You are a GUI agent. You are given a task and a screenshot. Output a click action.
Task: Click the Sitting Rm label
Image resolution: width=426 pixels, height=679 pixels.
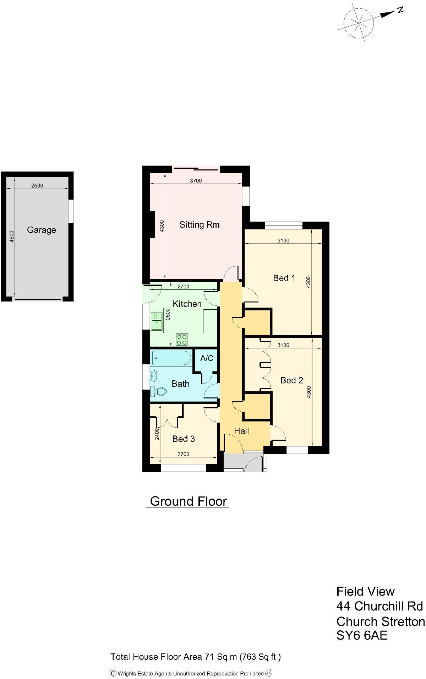tap(199, 224)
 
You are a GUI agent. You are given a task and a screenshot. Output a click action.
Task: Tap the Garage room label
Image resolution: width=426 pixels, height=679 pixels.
tap(42, 230)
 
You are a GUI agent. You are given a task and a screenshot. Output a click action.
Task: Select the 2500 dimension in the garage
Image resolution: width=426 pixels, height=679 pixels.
tap(37, 185)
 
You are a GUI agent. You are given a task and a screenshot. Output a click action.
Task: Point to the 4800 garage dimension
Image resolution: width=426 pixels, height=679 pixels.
tap(12, 236)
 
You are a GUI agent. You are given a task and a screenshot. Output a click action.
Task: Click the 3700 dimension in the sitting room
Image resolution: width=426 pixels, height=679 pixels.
tap(196, 180)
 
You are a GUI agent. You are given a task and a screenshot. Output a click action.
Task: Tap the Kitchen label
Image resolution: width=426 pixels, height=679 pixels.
tap(187, 304)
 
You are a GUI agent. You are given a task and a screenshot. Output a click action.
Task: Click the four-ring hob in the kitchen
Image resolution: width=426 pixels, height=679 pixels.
tap(182, 340)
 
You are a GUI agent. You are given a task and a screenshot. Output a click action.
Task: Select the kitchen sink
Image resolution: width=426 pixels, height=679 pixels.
tap(156, 321)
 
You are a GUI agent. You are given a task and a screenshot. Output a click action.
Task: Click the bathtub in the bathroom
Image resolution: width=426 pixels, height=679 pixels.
tap(172, 358)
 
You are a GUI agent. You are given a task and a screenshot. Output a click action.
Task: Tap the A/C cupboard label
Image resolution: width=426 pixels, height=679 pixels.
tap(207, 358)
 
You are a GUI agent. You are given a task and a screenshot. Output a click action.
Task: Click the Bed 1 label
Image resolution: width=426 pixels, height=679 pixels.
tap(284, 278)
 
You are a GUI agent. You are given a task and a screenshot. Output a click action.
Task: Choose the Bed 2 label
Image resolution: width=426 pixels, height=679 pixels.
tap(291, 380)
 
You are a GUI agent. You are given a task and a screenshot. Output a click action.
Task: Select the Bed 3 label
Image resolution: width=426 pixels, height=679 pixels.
tap(184, 439)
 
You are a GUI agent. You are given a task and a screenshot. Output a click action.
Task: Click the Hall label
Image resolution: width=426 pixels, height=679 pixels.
tap(241, 431)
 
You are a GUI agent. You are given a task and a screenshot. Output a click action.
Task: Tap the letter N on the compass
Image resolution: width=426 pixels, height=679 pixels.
tap(400, 10)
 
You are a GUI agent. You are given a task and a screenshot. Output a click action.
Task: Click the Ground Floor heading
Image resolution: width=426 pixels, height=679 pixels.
tap(188, 501)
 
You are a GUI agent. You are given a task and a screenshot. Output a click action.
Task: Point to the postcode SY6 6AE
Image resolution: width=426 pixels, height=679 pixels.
tap(362, 635)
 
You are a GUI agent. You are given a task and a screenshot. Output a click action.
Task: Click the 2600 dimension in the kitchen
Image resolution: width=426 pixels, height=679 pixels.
tap(168, 314)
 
